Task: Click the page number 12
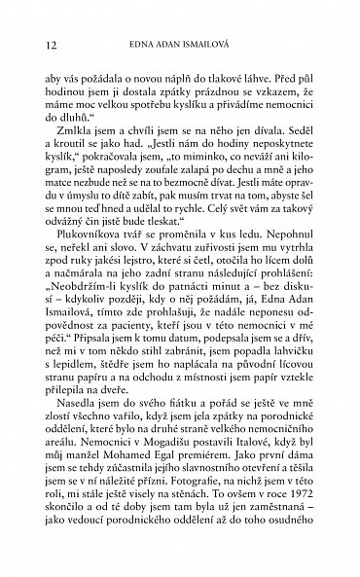point(38,44)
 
